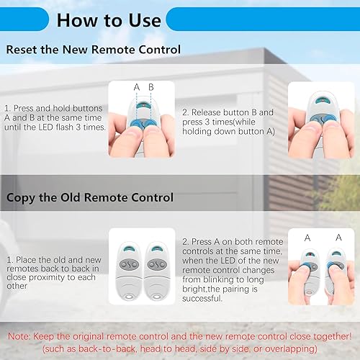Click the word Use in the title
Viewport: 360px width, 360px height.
145,20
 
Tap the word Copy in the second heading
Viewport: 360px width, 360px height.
21,198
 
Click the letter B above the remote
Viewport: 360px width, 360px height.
151,87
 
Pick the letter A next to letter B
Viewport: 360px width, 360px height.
137,87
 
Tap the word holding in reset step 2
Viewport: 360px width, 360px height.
197,132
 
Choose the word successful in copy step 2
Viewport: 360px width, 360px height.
202,299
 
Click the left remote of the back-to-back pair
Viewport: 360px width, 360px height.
129,271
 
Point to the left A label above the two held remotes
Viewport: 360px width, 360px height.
307,238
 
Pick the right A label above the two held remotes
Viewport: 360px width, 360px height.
338,238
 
